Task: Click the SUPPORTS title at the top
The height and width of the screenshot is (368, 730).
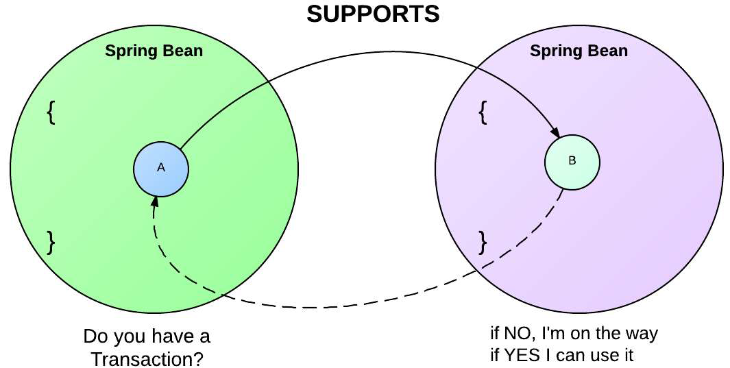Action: tap(373, 14)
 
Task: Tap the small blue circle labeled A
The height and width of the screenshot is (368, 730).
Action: tap(161, 168)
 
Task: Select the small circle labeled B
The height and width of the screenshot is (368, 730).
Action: tap(572, 162)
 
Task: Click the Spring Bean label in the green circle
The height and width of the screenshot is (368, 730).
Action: tap(154, 51)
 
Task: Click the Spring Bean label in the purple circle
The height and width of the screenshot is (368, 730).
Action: tap(579, 51)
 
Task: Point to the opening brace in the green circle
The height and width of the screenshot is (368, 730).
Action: tap(50, 112)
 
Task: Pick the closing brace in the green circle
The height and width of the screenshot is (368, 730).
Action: tap(50, 241)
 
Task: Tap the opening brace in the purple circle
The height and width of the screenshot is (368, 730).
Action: tap(483, 112)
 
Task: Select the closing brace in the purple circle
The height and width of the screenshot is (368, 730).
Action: tap(483, 241)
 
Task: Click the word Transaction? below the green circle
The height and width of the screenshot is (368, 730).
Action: tap(147, 358)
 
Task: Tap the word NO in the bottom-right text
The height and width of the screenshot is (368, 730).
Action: tap(515, 334)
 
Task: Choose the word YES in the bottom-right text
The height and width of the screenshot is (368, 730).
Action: tap(520, 356)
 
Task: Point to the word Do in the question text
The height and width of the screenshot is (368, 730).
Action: tap(94, 337)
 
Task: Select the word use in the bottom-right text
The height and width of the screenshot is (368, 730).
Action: tap(599, 356)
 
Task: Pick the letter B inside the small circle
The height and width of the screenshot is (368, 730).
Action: tap(572, 162)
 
